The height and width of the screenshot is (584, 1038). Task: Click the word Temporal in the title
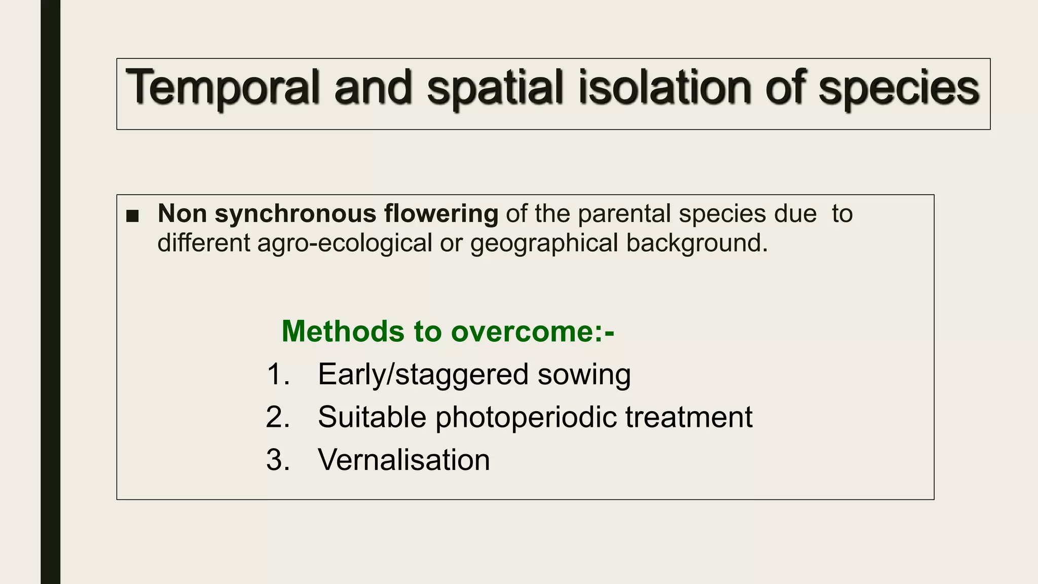222,87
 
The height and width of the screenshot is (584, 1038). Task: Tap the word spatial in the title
495,87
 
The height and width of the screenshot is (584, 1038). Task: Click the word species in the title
899,87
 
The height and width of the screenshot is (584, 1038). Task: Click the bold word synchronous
295,213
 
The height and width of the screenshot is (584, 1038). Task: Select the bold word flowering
441,213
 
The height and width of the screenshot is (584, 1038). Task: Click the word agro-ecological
345,243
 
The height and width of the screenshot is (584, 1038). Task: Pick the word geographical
544,243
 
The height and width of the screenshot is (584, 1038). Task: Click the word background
697,243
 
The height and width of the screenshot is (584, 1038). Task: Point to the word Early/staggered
423,375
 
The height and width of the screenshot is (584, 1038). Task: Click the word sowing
584,375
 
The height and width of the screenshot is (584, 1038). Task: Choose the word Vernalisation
403,460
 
